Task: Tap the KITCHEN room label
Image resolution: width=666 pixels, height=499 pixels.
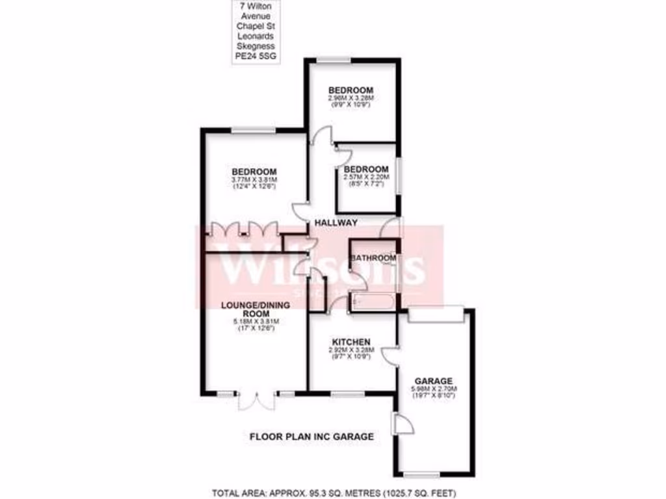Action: coord(351,342)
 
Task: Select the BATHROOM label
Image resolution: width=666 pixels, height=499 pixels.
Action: coord(373,258)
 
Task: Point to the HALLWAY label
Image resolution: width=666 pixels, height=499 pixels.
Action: coord(336,223)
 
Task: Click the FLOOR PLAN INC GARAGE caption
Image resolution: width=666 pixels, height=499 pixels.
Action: coord(312,437)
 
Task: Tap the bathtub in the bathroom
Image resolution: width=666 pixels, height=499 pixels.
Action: coord(372,301)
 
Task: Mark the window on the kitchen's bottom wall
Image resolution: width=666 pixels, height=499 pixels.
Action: coord(347,393)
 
